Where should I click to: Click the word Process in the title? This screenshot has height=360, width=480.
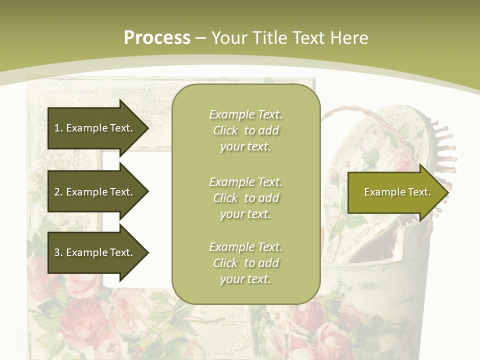click(x=157, y=38)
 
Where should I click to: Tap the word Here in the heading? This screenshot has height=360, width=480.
click(x=348, y=38)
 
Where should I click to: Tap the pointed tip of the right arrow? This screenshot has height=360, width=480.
click(x=447, y=192)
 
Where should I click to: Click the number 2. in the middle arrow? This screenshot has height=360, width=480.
click(x=58, y=192)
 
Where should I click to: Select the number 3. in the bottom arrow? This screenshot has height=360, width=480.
click(x=58, y=252)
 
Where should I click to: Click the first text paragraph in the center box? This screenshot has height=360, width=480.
click(x=245, y=130)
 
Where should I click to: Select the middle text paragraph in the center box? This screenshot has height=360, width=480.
click(x=245, y=198)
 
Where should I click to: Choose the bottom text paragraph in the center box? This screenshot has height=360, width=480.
click(x=245, y=263)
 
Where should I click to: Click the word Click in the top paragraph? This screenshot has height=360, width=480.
click(x=225, y=130)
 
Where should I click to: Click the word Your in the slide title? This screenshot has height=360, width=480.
click(x=230, y=38)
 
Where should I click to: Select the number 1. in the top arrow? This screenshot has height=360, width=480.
click(x=58, y=128)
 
